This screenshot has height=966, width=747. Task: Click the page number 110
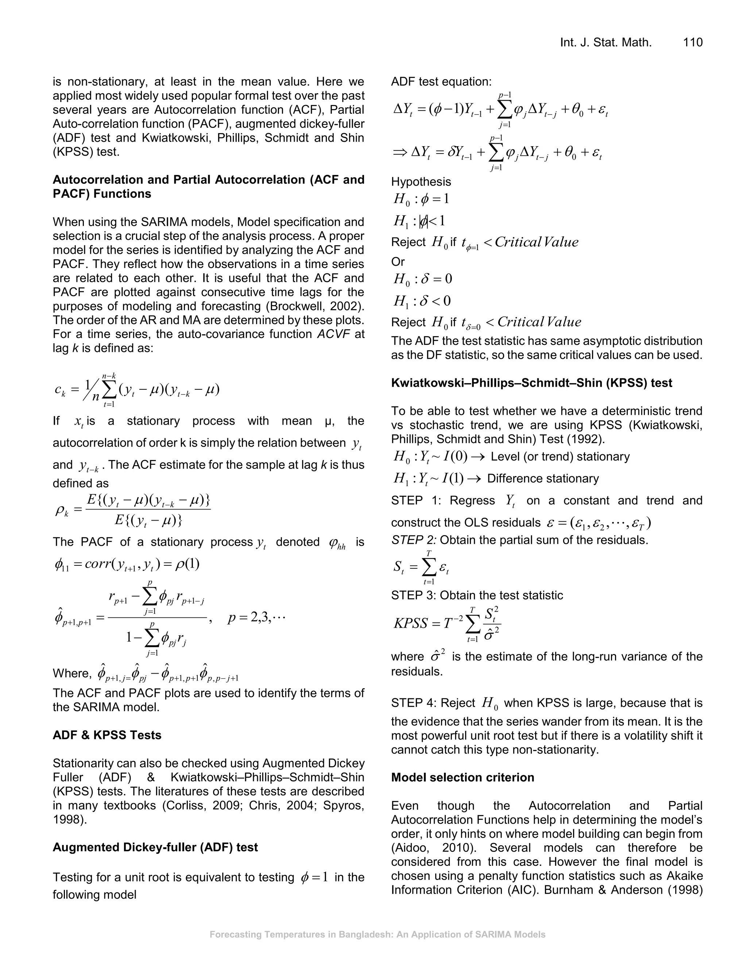point(693,42)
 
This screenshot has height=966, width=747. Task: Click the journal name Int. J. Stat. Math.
point(606,42)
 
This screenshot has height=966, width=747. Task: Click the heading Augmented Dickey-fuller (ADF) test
point(155,847)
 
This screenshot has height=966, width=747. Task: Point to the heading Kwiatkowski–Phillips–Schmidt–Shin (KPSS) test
point(531,383)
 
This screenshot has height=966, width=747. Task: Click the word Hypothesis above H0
point(421,182)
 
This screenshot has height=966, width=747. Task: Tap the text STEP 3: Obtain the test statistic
point(477,595)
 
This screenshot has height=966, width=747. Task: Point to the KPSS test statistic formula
point(447,624)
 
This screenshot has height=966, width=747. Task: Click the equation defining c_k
point(137,389)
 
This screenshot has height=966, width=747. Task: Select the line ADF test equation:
point(441,82)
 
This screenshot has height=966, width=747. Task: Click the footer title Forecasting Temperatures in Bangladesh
point(377,935)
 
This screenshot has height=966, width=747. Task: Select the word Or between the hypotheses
point(398,262)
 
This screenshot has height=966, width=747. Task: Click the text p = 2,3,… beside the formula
point(256,618)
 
